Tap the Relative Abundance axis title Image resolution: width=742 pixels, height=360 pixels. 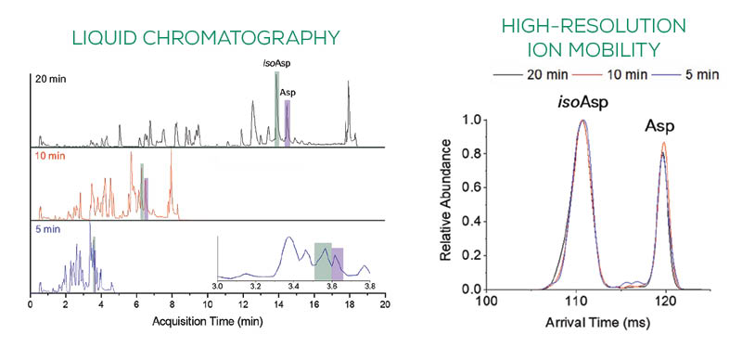pyautogui.click(x=448, y=199)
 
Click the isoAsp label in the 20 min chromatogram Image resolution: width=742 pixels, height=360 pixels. pyautogui.click(x=276, y=63)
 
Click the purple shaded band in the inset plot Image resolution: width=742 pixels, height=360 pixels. pyautogui.click(x=338, y=263)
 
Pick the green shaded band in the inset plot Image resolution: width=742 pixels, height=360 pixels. pyautogui.click(x=322, y=261)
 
